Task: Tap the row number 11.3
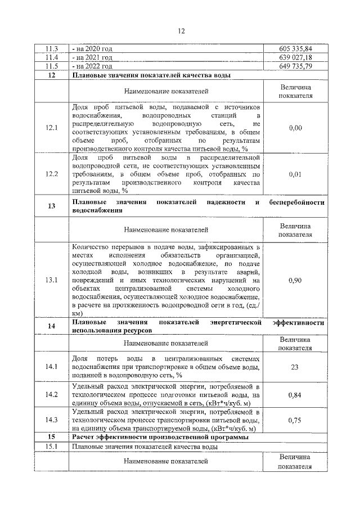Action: [x=52, y=49]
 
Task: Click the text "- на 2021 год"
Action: [x=92, y=57]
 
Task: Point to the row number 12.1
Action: [x=52, y=128]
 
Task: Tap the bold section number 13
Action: [x=52, y=206]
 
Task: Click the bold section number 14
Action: [x=52, y=326]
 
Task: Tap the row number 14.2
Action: [x=52, y=395]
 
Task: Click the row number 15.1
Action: [x=52, y=446]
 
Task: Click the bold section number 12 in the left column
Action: [x=52, y=75]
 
